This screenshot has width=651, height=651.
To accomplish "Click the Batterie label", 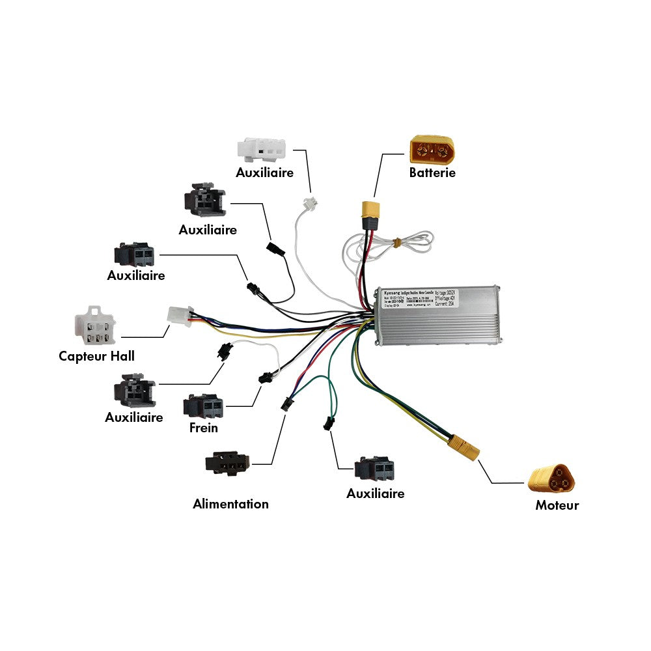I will [432, 173].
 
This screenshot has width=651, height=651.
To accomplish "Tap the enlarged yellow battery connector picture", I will [432, 150].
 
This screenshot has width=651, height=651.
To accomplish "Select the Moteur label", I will [557, 505].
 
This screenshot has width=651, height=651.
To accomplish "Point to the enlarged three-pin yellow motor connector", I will [553, 480].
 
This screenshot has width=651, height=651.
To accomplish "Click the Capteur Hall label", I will [96, 356].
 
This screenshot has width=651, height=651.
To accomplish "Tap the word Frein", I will [203, 428].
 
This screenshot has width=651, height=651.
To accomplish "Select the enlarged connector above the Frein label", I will [203, 407].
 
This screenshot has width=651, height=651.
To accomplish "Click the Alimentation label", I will [230, 504].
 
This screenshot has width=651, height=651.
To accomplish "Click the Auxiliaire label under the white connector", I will [264, 173].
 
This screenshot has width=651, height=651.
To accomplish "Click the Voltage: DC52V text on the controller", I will [446, 292].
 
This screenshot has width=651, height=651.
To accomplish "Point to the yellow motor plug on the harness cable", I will [463, 449].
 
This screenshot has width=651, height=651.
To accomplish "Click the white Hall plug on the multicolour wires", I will [178, 315].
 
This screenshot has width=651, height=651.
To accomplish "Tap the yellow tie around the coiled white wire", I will [395, 243].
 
